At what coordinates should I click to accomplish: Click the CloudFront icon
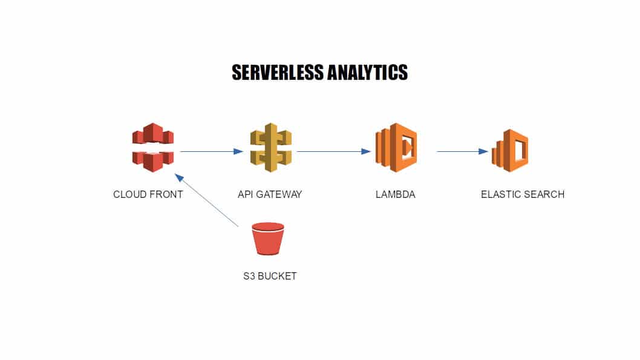click(153, 147)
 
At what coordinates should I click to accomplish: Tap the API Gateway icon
click(271, 147)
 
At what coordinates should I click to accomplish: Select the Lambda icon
click(397, 148)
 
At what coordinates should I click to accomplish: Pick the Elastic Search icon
click(510, 151)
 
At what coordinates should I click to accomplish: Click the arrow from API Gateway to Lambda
click(333, 151)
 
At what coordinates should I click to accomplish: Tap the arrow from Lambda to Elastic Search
click(462, 151)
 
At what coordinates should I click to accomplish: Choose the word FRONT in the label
click(165, 194)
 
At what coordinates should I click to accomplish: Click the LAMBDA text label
click(395, 194)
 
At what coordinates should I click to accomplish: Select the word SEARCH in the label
click(544, 194)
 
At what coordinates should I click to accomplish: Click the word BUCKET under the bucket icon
click(277, 276)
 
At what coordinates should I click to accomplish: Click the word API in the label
click(246, 194)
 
